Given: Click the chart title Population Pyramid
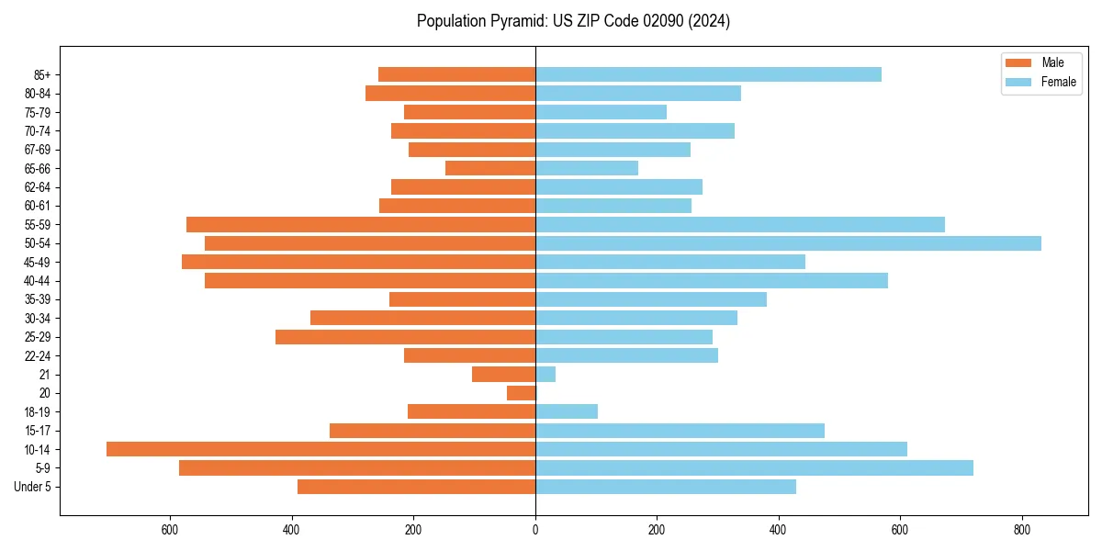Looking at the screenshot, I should (x=573, y=21).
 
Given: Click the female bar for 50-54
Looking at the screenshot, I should (x=788, y=243).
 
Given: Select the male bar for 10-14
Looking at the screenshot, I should (x=320, y=449).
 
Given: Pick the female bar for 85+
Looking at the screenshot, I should (x=708, y=74).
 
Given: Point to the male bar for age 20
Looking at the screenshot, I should (x=521, y=393).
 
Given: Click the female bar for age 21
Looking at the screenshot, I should (x=545, y=375).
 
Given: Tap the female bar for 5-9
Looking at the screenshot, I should (x=754, y=468).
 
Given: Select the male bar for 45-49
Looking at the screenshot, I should (x=358, y=262).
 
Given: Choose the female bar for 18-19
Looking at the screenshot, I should (x=567, y=411).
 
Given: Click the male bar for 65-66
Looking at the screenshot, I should (x=490, y=168).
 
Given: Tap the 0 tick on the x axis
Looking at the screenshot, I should (x=535, y=530).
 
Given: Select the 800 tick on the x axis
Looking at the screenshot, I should (x=1022, y=530).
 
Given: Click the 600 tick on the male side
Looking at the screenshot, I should (x=170, y=530).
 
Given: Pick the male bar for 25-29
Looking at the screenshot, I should (x=405, y=337).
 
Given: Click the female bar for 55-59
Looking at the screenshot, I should (x=740, y=225).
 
